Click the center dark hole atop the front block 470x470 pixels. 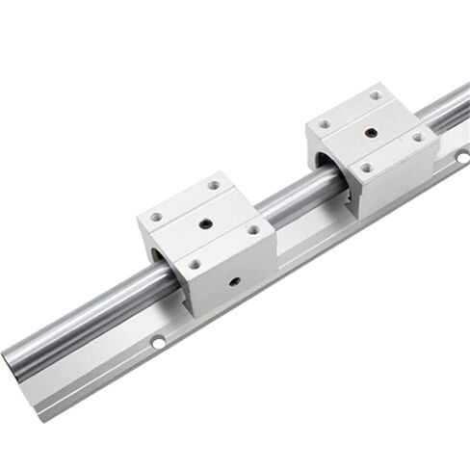point(205,223)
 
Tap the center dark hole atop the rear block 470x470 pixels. point(371,131)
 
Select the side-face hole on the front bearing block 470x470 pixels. point(234,282)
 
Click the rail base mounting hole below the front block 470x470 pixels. point(158,342)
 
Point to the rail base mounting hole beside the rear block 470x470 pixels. point(461,156)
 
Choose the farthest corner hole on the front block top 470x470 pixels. point(213,185)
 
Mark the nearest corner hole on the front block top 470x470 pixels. point(196,264)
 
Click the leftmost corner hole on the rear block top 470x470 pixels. point(325,124)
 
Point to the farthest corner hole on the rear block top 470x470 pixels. point(377,95)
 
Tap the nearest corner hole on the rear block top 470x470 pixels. point(366,168)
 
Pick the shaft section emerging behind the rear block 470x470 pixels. point(449,108)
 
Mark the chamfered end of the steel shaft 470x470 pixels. point(12,361)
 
